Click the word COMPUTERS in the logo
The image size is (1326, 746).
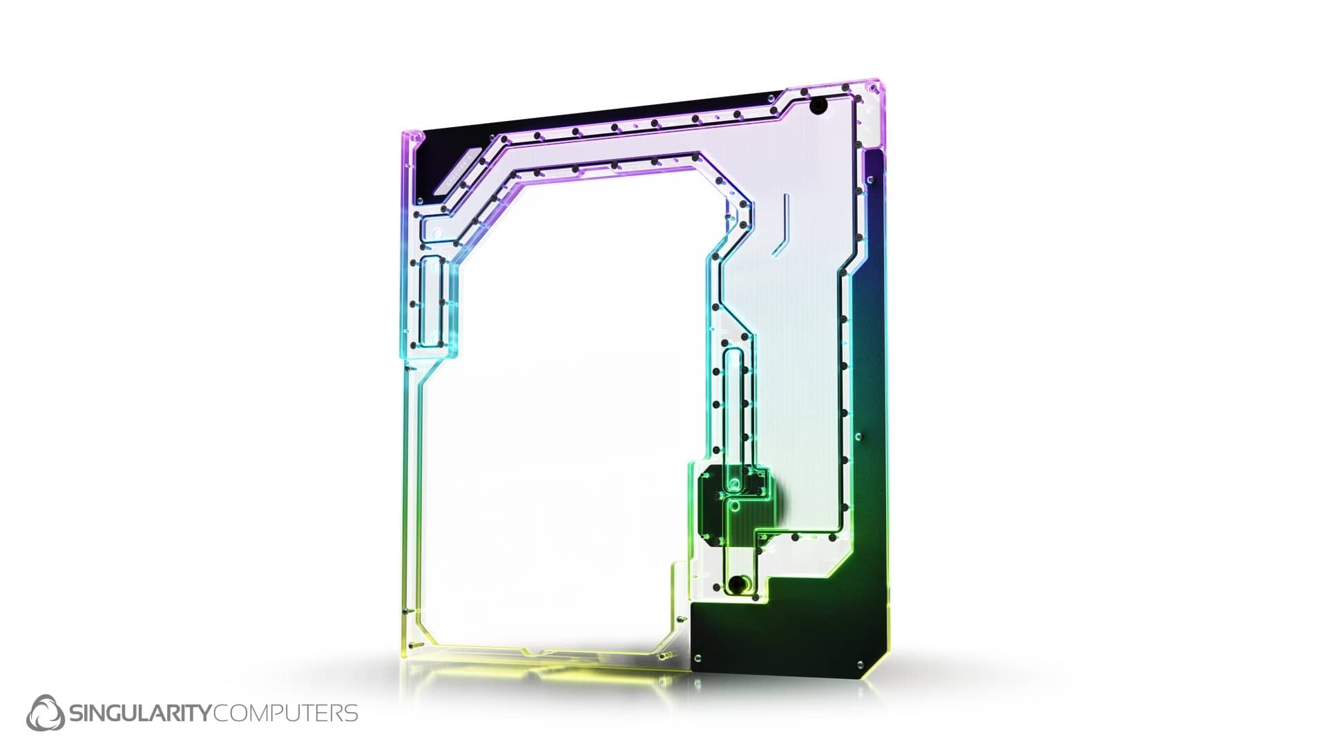(286, 713)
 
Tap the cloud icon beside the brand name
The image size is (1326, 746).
(46, 712)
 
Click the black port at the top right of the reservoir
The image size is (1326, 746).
(820, 106)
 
